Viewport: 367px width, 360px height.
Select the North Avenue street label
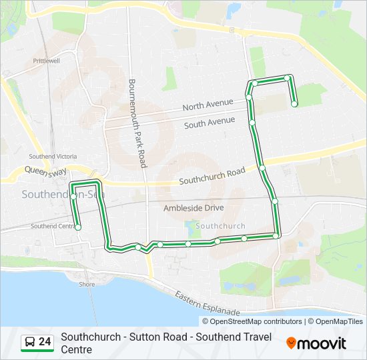(208, 105)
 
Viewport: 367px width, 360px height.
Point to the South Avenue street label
(210, 123)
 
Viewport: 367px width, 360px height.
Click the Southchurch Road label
(212, 177)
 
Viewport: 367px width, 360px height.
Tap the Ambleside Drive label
(194, 208)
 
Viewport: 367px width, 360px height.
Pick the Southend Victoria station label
(53, 156)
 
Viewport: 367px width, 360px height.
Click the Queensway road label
(45, 171)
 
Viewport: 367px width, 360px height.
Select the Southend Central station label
(53, 226)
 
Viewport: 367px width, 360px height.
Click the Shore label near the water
(87, 284)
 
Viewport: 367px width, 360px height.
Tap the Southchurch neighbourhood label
(220, 226)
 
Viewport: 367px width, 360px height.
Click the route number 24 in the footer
(45, 342)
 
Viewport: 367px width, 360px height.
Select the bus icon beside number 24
(30, 343)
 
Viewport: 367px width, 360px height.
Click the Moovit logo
(316, 343)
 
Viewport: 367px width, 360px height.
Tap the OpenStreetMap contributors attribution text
(253, 321)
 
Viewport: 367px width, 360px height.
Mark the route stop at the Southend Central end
(78, 227)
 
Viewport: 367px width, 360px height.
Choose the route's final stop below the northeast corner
(294, 103)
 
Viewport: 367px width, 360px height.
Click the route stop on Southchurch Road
(262, 167)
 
